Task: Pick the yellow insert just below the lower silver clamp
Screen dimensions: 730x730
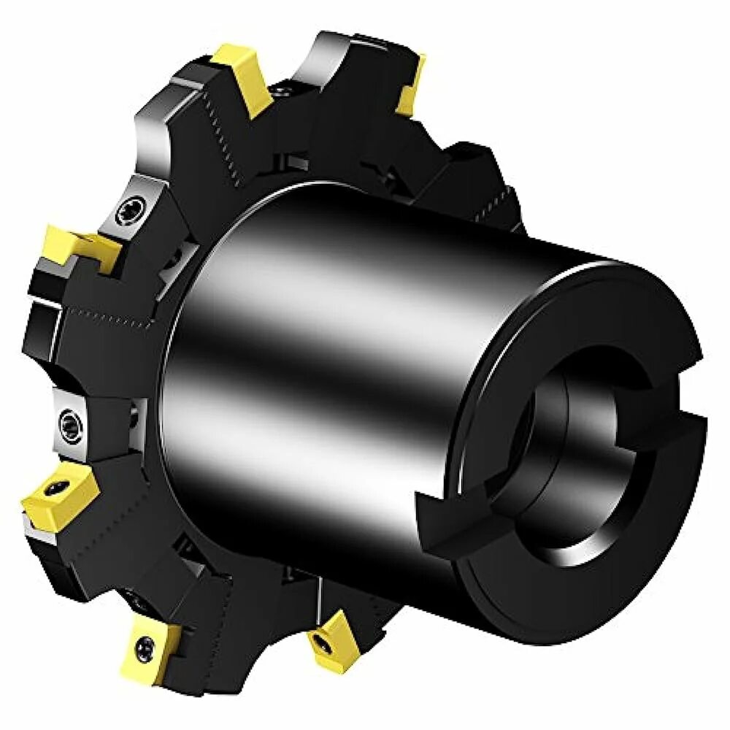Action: tap(58, 493)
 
